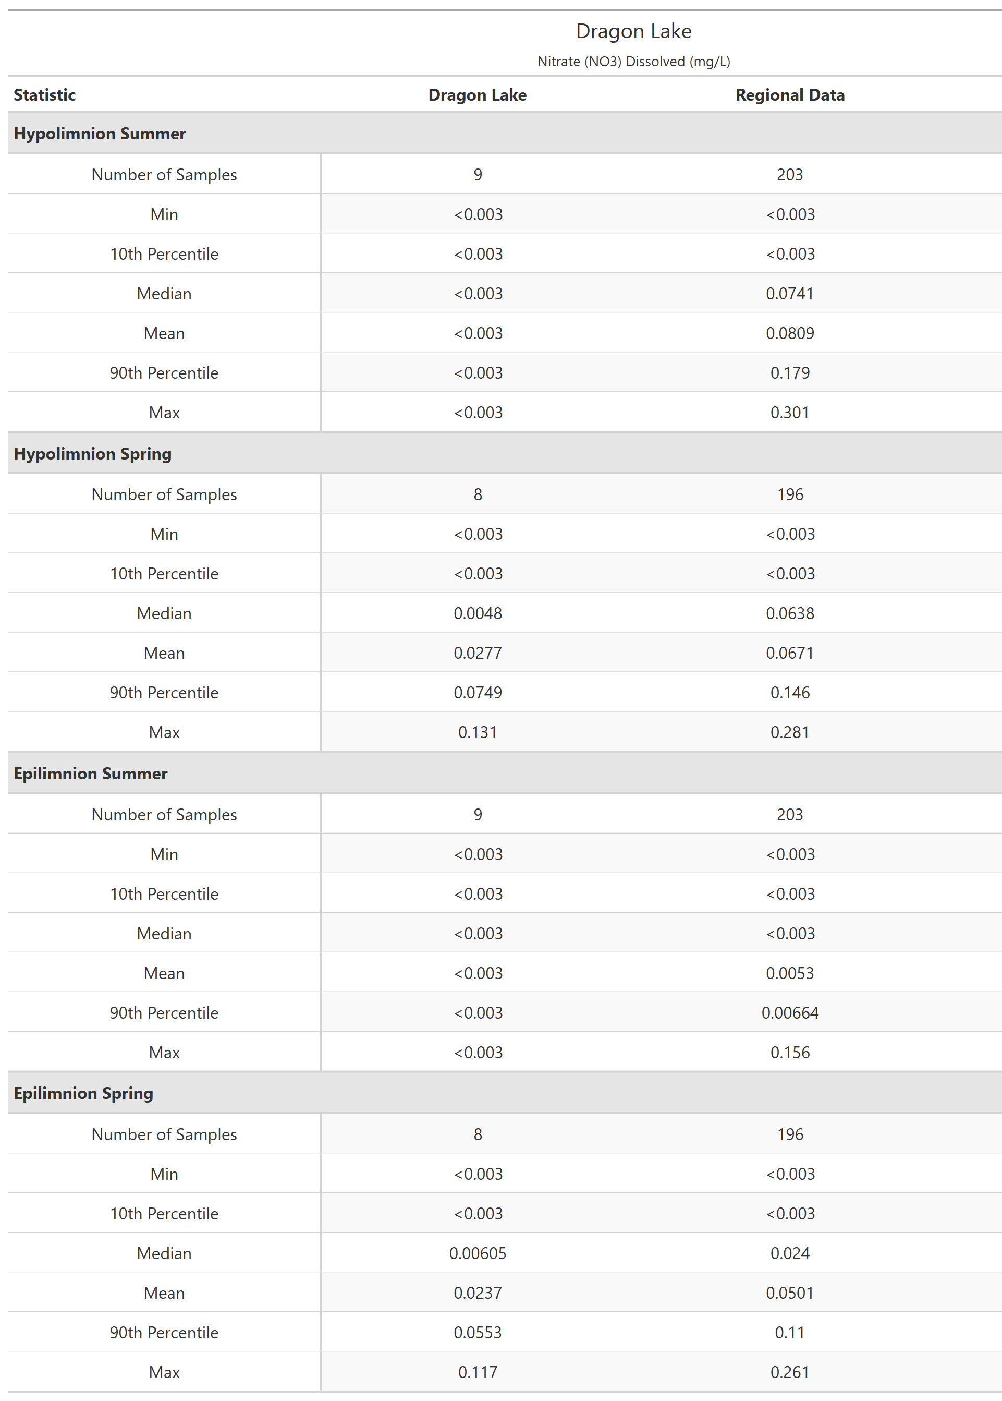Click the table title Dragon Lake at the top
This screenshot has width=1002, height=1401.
point(633,31)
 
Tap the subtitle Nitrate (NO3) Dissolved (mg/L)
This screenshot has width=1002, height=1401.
point(633,62)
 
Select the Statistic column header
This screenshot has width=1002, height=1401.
point(44,95)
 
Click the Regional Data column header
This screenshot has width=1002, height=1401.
point(789,95)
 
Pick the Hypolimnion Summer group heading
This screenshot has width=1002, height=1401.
point(100,134)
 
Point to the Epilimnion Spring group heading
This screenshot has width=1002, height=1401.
point(83,1093)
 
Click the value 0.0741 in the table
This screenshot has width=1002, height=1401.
point(789,294)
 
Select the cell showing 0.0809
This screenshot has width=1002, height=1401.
point(789,333)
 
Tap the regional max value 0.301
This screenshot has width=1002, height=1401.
point(789,412)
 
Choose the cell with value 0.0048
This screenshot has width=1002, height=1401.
point(478,613)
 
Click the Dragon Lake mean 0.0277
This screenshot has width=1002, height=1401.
point(478,653)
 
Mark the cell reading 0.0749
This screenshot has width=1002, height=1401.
point(478,693)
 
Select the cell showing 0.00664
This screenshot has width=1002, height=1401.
point(789,1013)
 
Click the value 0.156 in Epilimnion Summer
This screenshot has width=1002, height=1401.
point(789,1052)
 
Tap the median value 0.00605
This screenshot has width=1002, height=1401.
point(478,1253)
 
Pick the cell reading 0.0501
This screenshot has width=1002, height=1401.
point(789,1293)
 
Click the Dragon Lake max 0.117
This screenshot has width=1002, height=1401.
point(478,1372)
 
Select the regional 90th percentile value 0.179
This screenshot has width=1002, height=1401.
point(789,373)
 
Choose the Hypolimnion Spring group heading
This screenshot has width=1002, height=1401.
point(93,454)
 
